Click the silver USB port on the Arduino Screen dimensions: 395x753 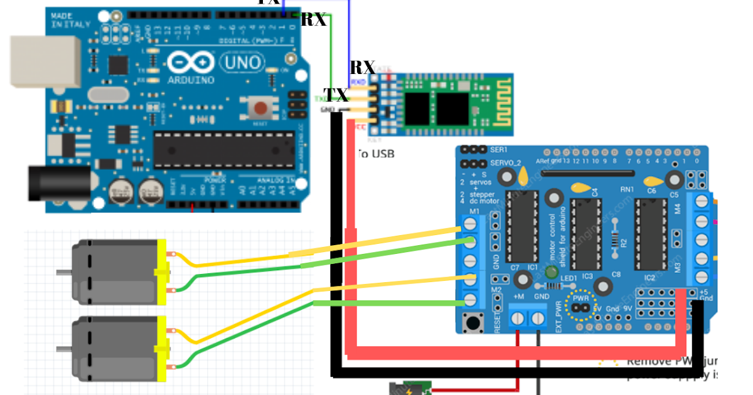click(43, 61)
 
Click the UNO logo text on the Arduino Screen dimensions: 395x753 click(243, 63)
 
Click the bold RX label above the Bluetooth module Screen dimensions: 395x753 click(362, 68)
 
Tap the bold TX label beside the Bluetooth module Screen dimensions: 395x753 click(336, 95)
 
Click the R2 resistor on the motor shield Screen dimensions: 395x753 click(615, 241)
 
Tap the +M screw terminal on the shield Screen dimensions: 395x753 click(518, 319)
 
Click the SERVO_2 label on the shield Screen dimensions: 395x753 click(506, 163)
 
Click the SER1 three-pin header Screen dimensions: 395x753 click(473, 150)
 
